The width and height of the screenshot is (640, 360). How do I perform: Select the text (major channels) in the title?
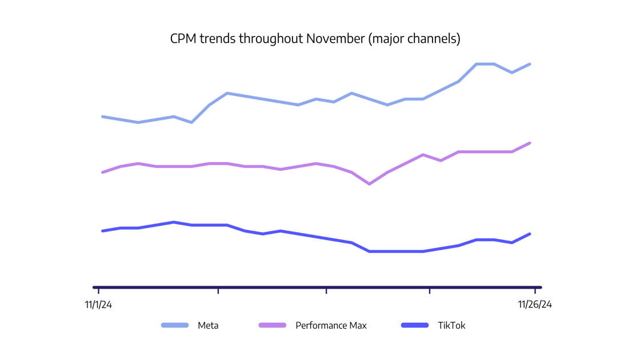[x=414, y=39]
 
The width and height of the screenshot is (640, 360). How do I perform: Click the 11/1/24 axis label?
[x=98, y=305]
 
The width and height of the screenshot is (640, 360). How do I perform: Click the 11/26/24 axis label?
[x=535, y=305]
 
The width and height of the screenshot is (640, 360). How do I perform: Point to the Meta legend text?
[x=208, y=325]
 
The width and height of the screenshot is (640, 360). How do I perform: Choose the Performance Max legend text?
[x=331, y=325]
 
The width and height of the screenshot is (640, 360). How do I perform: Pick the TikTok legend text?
[x=451, y=325]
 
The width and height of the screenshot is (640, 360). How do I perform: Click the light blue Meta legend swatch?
[x=175, y=325]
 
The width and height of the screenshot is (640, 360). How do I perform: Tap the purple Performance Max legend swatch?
[x=273, y=325]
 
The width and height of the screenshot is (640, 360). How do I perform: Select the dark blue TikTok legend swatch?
[x=415, y=325]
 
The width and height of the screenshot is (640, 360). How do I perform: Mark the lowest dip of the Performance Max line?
[x=370, y=184]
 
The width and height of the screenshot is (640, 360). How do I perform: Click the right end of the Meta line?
[x=530, y=64]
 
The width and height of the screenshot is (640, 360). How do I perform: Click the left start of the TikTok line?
[x=103, y=231]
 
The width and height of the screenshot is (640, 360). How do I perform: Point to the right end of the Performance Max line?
[x=530, y=143]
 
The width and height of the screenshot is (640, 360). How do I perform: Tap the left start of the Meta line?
[x=103, y=117]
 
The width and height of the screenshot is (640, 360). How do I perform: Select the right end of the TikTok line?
[x=530, y=234]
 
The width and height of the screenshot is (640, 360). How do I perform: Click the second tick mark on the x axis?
[x=218, y=290]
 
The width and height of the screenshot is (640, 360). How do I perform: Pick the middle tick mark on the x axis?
[x=326, y=290]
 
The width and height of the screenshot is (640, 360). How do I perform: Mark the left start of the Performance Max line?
[x=103, y=172]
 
